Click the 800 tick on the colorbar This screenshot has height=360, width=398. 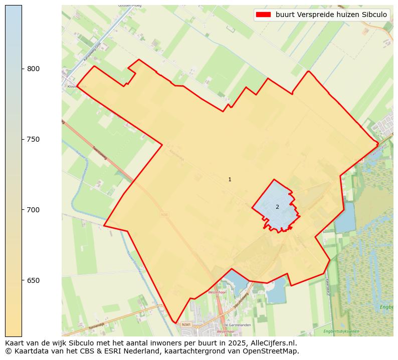(x=33, y=69)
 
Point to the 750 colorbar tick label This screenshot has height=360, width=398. (x=33, y=139)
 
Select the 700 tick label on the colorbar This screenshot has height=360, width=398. (x=33, y=210)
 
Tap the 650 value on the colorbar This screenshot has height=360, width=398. (x=33, y=280)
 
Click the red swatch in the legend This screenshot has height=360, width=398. (x=263, y=15)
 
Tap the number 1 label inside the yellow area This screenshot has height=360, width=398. (x=230, y=179)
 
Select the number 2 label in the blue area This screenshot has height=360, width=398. (x=277, y=207)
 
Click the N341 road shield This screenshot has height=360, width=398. (x=186, y=324)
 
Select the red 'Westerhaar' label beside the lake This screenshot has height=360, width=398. (x=219, y=291)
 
